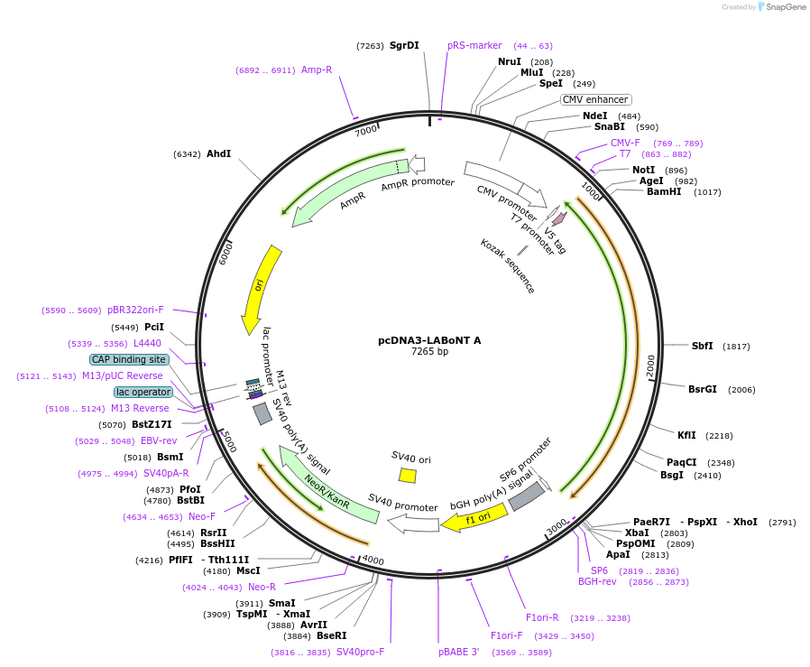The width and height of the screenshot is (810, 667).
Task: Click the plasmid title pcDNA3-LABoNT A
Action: point(429,340)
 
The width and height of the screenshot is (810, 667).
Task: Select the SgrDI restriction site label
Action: point(404,46)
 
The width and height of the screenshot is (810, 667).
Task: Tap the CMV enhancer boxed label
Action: point(595,99)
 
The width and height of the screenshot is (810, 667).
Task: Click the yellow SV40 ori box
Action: point(408,475)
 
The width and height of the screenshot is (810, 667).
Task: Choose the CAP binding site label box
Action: point(129,359)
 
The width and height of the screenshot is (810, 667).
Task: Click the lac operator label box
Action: point(143,392)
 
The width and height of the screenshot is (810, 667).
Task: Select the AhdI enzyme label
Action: point(218,154)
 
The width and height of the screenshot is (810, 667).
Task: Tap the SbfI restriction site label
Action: point(702,346)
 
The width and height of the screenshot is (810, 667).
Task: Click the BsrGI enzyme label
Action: point(703,390)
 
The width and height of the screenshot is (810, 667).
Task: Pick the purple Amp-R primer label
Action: point(317,69)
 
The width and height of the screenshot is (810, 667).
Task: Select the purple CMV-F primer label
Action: point(625,143)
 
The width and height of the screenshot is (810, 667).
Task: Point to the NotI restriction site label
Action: point(643,170)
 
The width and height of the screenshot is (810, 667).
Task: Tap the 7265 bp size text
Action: point(429,352)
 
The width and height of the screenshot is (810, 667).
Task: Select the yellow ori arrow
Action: point(261,287)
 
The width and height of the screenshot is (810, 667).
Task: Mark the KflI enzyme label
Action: point(686,435)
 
